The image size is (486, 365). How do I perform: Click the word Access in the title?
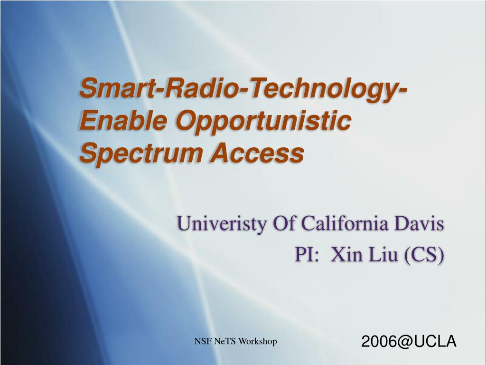pos(258,153)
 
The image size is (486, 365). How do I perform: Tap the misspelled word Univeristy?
pos(222,223)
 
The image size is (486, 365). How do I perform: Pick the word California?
pos(345,223)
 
